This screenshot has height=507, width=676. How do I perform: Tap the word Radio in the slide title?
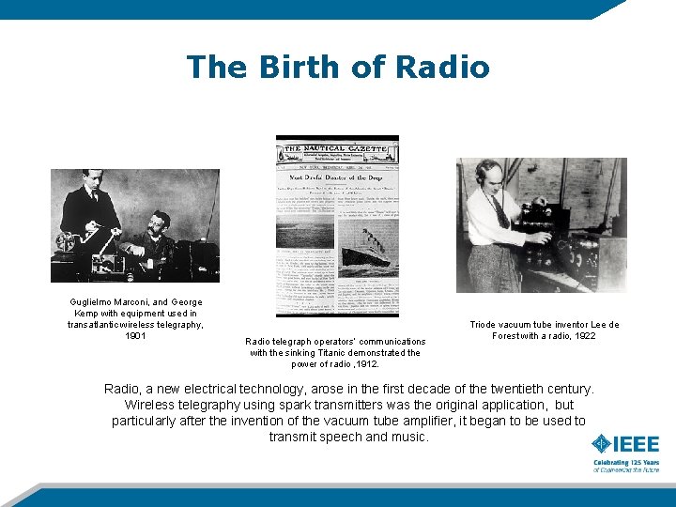442,68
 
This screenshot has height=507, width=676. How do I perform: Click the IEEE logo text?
636,444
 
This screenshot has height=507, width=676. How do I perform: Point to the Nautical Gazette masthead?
336,147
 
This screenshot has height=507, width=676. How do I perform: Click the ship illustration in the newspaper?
365,257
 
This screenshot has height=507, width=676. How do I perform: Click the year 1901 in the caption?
135,335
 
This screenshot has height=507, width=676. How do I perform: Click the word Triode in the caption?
485,325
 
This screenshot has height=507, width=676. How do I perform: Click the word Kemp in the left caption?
86,314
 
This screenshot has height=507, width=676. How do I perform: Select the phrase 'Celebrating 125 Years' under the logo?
625,462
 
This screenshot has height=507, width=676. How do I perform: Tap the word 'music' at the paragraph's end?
407,437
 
